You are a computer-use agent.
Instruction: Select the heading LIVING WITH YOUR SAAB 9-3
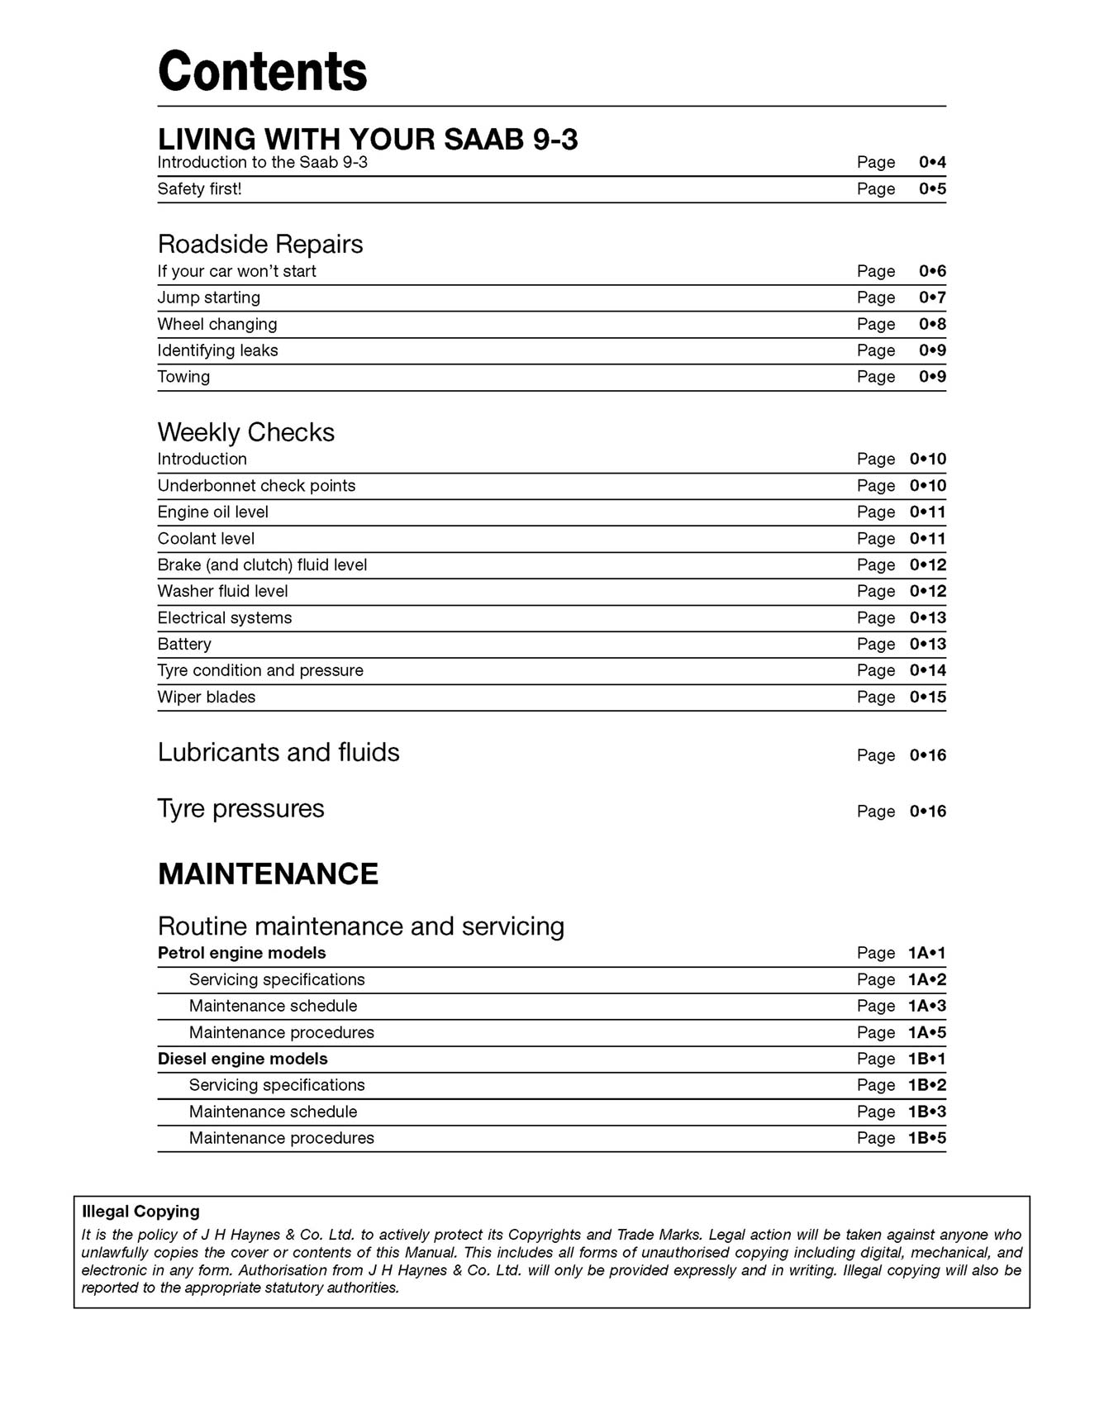(368, 139)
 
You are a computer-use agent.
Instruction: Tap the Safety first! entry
(199, 188)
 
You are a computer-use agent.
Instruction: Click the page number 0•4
(932, 162)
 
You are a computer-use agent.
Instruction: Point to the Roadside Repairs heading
(260, 244)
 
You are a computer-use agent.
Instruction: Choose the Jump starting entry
(208, 298)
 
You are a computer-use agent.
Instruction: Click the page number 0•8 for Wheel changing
(932, 324)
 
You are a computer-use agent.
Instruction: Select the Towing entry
(183, 377)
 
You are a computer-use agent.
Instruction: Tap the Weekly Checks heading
(245, 432)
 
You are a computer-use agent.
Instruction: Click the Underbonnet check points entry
(256, 486)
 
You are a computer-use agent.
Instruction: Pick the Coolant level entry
(206, 539)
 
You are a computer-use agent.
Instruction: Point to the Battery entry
(184, 645)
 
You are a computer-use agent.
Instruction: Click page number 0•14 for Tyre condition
(928, 670)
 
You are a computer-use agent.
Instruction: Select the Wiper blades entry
(207, 698)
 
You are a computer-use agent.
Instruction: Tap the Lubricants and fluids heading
(278, 752)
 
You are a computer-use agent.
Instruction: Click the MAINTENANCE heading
(268, 874)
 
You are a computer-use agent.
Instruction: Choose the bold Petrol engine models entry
(241, 953)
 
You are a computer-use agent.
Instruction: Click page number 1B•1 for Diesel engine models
(926, 1059)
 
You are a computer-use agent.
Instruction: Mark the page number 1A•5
(926, 1032)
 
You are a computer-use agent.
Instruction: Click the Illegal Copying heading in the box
(140, 1212)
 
